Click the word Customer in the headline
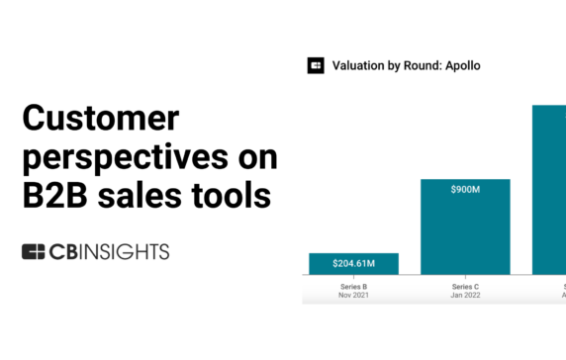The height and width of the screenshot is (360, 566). (100, 120)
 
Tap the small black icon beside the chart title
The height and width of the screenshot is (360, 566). (316, 65)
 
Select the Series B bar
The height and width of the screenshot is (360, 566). (353, 263)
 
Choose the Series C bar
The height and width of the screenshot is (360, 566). (466, 226)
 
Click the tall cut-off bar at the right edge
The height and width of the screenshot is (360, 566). (549, 188)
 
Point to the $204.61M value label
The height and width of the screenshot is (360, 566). (353, 264)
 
